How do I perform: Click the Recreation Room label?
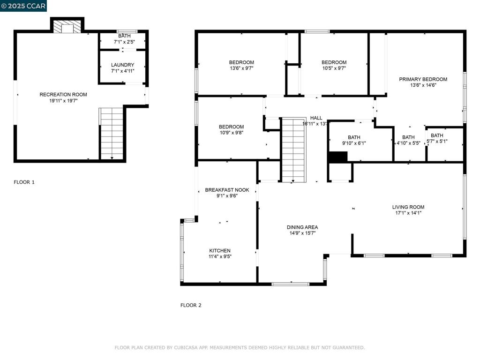click(63, 94)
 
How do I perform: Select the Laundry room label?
click(123, 65)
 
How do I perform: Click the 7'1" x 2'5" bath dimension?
click(124, 42)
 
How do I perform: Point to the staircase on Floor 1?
click(112, 134)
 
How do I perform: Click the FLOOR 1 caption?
click(24, 182)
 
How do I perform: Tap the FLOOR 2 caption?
click(191, 305)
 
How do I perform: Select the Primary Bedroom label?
click(423, 79)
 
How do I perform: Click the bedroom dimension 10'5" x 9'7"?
click(334, 68)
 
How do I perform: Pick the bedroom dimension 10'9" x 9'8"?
click(231, 133)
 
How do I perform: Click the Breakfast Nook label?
click(227, 190)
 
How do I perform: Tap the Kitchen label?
click(219, 250)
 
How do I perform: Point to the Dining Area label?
click(302, 227)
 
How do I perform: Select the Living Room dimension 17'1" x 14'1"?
click(408, 213)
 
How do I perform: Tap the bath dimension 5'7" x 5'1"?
click(437, 141)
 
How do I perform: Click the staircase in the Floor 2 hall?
click(293, 150)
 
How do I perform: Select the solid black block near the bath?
click(337, 157)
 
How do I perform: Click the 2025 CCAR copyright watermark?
click(23, 6)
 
